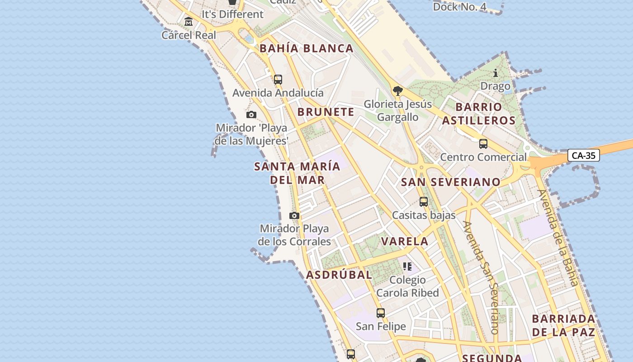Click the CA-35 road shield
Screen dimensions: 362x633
(583, 156)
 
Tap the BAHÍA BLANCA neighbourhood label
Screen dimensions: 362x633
(306, 48)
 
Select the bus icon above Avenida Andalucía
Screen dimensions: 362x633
(278, 80)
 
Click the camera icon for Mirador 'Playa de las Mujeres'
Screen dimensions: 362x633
(251, 115)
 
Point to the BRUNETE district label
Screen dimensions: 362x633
(326, 112)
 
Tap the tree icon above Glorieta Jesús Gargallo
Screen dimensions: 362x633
(398, 91)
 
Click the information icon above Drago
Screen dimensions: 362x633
(496, 73)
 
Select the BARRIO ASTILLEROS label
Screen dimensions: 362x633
(479, 114)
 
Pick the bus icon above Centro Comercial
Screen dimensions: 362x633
(483, 144)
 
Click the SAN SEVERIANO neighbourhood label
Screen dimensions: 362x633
(451, 182)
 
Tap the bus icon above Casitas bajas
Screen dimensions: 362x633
(424, 202)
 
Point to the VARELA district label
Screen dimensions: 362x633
(405, 241)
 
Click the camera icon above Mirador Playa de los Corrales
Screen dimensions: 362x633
(294, 215)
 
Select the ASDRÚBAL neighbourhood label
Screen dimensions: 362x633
(339, 275)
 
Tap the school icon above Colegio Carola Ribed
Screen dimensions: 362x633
(407, 267)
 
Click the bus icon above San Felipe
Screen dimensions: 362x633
(381, 313)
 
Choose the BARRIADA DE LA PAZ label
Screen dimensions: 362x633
(563, 325)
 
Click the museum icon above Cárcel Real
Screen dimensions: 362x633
(189, 21)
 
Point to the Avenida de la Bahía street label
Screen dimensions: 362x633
(557, 238)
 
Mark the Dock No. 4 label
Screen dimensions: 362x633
(460, 7)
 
